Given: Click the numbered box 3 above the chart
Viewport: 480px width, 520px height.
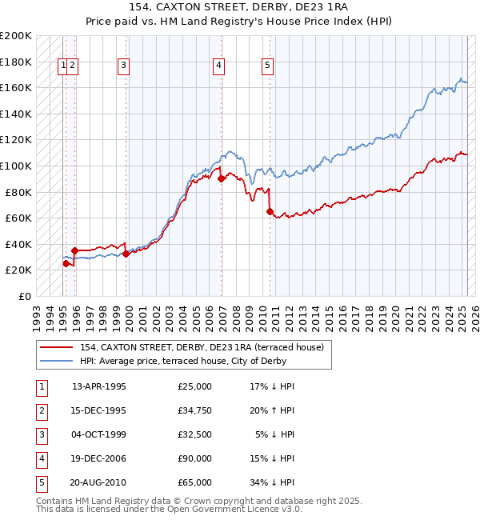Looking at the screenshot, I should coord(124,66).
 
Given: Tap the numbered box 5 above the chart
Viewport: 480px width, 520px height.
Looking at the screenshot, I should coord(267,66).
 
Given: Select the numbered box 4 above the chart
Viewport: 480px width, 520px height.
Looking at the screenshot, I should coord(219,66).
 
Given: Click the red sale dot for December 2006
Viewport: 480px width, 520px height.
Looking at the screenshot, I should coord(221,179).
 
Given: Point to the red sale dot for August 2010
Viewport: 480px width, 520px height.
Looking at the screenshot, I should coord(270,212).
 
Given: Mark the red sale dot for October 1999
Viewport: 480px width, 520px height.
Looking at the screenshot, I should coord(126,254).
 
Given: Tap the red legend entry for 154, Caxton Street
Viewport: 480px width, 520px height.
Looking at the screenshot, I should coord(202,347).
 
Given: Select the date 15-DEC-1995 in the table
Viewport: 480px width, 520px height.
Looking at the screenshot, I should coord(99,411).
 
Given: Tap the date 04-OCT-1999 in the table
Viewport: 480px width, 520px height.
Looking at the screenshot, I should coord(99,436).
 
